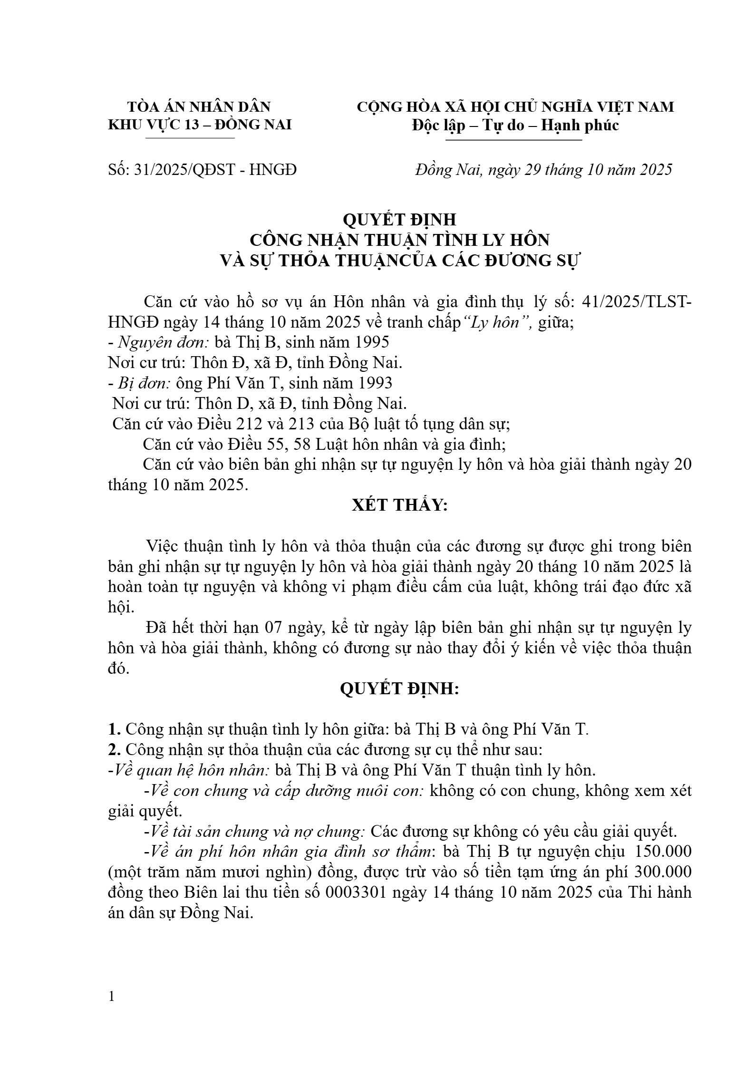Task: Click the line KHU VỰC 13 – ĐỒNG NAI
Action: coord(200,125)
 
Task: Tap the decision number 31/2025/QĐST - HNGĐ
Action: coord(215,170)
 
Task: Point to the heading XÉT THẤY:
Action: coord(400,505)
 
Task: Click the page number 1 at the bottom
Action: coord(112,997)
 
